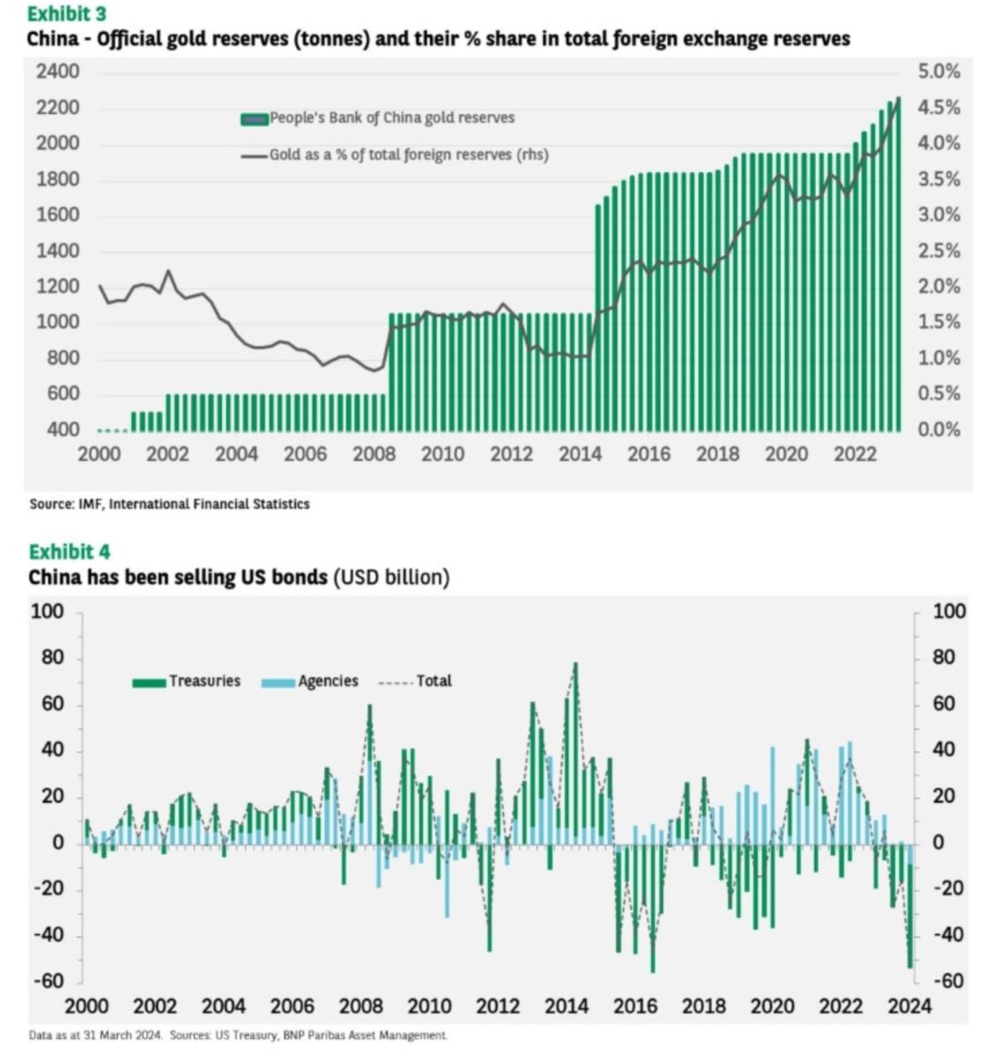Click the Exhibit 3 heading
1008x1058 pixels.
(x=70, y=14)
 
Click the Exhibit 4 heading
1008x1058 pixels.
(x=70, y=552)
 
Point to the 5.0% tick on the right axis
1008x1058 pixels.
(x=938, y=71)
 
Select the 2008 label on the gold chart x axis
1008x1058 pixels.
(x=374, y=454)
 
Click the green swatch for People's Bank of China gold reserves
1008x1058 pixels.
(x=254, y=118)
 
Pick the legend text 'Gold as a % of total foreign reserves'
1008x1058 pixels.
(x=408, y=155)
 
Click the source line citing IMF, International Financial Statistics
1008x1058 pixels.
(x=169, y=504)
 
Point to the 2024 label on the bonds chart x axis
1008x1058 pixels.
(x=909, y=1007)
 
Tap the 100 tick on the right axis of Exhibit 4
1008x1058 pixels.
(x=950, y=612)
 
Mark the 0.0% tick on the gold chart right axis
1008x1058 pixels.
(x=938, y=430)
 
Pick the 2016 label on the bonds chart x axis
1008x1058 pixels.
(x=635, y=1007)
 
